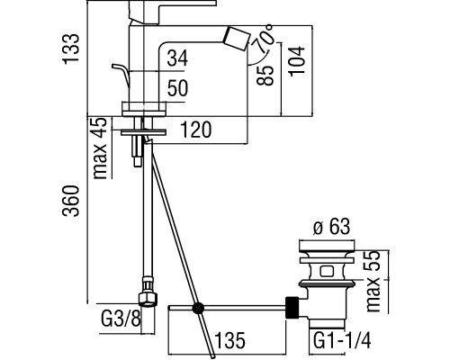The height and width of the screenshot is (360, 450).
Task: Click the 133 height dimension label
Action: coord(71,49)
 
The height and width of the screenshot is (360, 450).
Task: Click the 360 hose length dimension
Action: coord(71,201)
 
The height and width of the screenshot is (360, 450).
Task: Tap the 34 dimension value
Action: coord(177,58)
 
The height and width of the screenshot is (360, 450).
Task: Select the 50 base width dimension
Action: coord(177,88)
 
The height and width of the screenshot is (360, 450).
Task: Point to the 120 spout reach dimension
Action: coord(196,130)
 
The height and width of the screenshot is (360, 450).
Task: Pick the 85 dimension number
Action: coord(265,76)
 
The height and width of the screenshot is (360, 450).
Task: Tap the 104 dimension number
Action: coord(297,61)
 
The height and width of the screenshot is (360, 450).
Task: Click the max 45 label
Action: coord(100,148)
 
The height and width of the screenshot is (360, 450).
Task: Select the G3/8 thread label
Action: coord(121,319)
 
